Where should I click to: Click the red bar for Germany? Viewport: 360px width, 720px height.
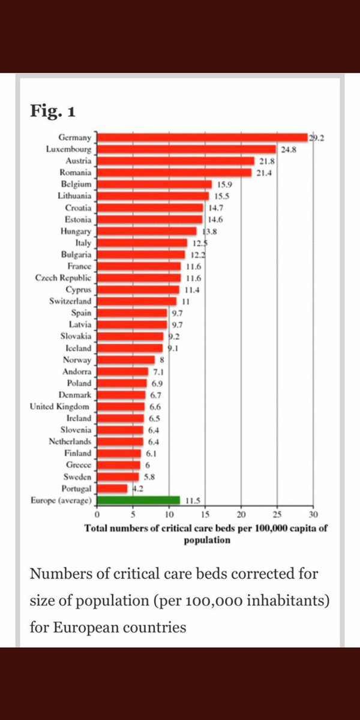202,137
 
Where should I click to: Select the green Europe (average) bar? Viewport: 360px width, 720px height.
138,499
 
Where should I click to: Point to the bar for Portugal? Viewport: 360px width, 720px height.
112,488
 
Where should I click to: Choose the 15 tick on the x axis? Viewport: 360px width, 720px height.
205,514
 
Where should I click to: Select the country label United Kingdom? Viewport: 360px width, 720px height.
61,406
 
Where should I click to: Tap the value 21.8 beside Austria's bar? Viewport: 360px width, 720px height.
267,161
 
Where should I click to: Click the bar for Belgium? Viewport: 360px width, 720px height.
154,184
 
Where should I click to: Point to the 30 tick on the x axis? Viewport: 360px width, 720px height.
313,514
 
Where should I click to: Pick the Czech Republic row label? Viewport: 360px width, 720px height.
63,278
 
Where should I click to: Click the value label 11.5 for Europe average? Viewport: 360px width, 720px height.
192,500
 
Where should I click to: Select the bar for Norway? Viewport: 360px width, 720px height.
126,360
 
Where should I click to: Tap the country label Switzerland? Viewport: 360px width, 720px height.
70,301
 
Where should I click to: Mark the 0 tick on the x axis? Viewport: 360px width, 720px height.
97,514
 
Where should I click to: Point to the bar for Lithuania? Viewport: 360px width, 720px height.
153,196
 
